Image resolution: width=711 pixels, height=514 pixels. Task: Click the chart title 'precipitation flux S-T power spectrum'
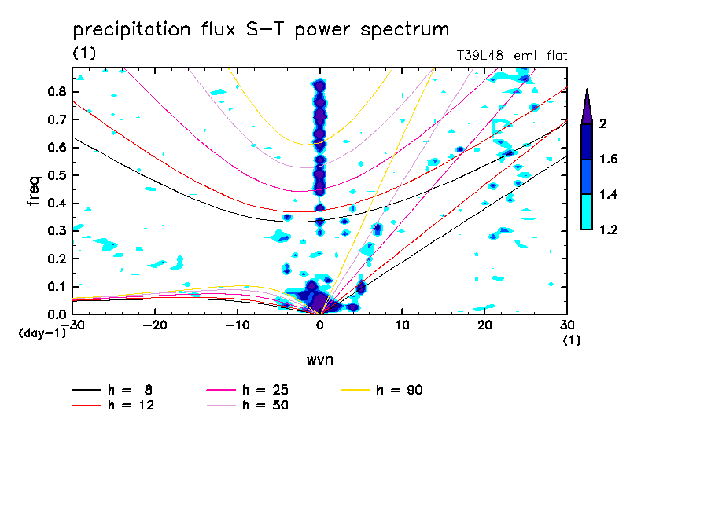pyautogui.click(x=260, y=30)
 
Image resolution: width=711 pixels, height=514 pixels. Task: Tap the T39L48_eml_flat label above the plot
pyautogui.click(x=512, y=56)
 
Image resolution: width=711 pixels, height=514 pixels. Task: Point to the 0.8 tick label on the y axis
pyautogui.click(x=56, y=91)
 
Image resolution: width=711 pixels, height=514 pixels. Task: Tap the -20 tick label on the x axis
pyautogui.click(x=156, y=325)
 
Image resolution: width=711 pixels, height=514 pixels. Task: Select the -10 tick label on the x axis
pyautogui.click(x=238, y=325)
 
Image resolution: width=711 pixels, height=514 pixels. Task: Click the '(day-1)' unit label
pyautogui.click(x=41, y=333)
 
